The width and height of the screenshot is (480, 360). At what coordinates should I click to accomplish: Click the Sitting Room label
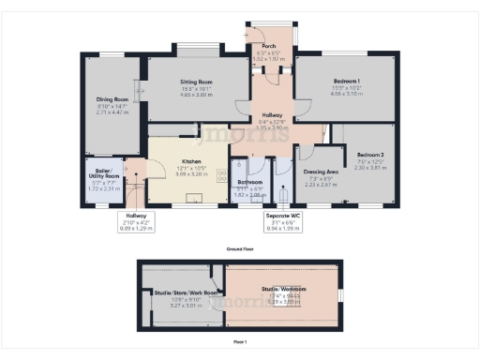[x=198, y=82]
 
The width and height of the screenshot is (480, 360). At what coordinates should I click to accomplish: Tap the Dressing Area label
[x=320, y=172]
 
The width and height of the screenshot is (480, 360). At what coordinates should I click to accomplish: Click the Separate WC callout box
[x=283, y=220]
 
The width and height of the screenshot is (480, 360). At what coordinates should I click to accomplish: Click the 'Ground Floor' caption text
[x=241, y=247]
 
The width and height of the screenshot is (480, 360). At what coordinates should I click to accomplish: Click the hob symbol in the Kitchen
[x=223, y=174]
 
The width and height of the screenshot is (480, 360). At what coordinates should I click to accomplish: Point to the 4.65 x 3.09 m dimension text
[x=198, y=96]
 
